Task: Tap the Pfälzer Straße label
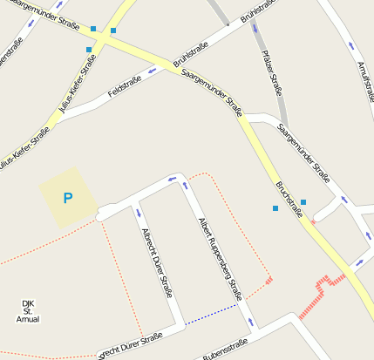[x=273, y=72]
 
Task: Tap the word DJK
[x=28, y=302]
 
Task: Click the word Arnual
[x=28, y=320]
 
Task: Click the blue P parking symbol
[x=68, y=199]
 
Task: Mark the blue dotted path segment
[x=211, y=315]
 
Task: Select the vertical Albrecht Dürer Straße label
[x=157, y=262]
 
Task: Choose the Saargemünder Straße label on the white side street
[x=303, y=153]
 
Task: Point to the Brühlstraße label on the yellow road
[x=191, y=56]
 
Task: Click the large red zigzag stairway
[x=320, y=294]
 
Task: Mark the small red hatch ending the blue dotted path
[x=269, y=281]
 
